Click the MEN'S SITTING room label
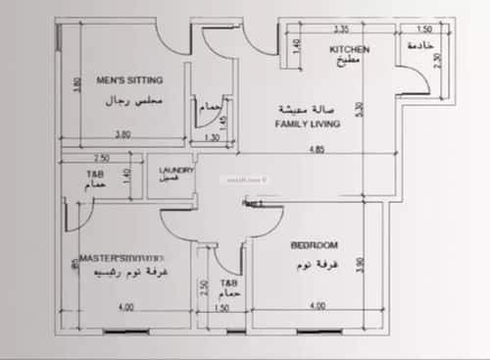(129, 79)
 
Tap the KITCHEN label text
(349, 48)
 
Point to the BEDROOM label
(315, 245)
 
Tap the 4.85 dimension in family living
(314, 150)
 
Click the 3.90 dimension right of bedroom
(361, 266)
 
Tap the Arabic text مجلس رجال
(129, 101)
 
